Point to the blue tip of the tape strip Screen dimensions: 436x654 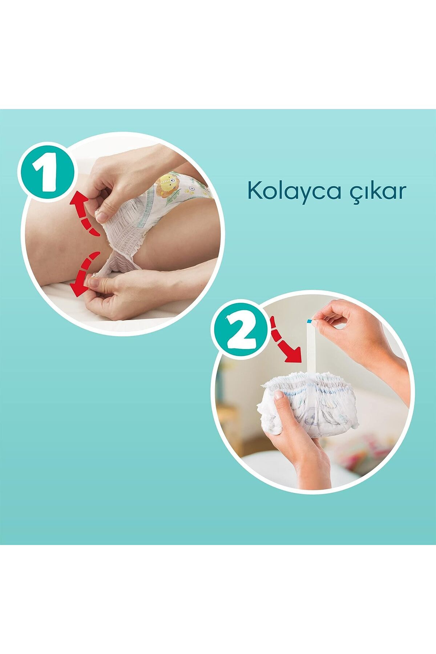[309, 320]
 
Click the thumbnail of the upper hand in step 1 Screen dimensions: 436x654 [103, 217]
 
